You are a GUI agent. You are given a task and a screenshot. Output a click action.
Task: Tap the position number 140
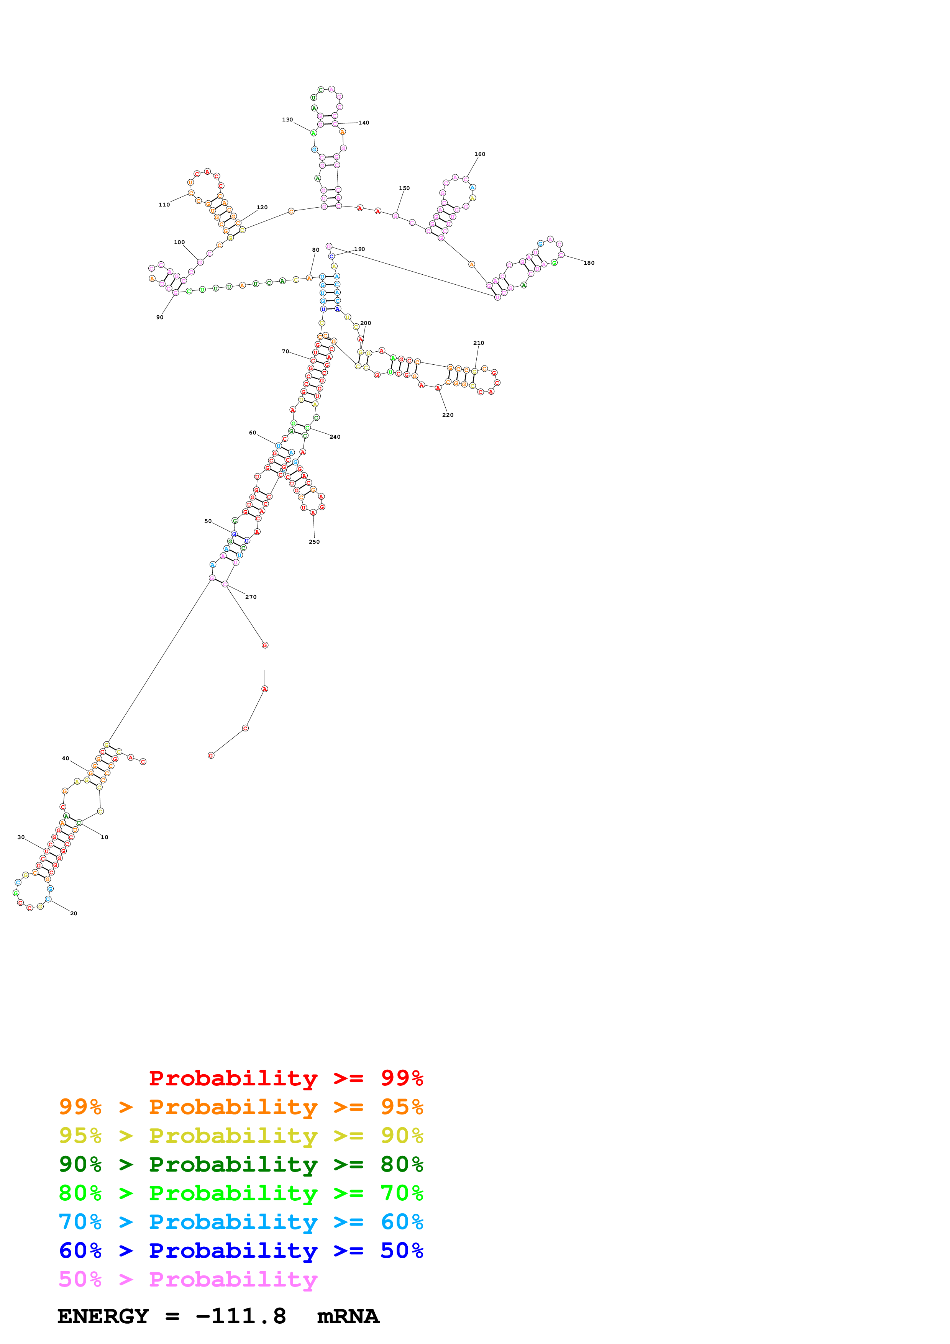[364, 123]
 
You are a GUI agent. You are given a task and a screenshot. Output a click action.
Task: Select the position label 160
[479, 154]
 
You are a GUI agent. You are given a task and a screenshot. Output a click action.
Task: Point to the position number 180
[589, 263]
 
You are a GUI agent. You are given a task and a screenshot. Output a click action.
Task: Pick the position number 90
[160, 317]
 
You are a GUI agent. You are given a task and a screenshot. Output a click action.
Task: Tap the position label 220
[447, 415]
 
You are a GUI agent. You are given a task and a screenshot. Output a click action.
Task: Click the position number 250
[314, 541]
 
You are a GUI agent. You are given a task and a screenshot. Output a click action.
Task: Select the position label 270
[251, 597]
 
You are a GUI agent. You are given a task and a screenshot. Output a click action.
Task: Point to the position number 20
[74, 913]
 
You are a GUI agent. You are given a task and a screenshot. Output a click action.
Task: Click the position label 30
[21, 837]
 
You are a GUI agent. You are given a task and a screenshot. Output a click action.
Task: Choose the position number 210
[478, 343]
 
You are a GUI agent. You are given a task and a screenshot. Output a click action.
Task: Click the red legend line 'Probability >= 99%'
[285, 1078]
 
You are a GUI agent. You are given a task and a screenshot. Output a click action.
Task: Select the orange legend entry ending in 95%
[241, 1107]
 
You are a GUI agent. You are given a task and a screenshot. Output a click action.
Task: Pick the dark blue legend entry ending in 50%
[241, 1251]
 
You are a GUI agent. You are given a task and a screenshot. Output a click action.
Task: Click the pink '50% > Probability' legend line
[187, 1279]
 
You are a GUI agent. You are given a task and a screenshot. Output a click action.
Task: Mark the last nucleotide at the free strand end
[211, 755]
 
